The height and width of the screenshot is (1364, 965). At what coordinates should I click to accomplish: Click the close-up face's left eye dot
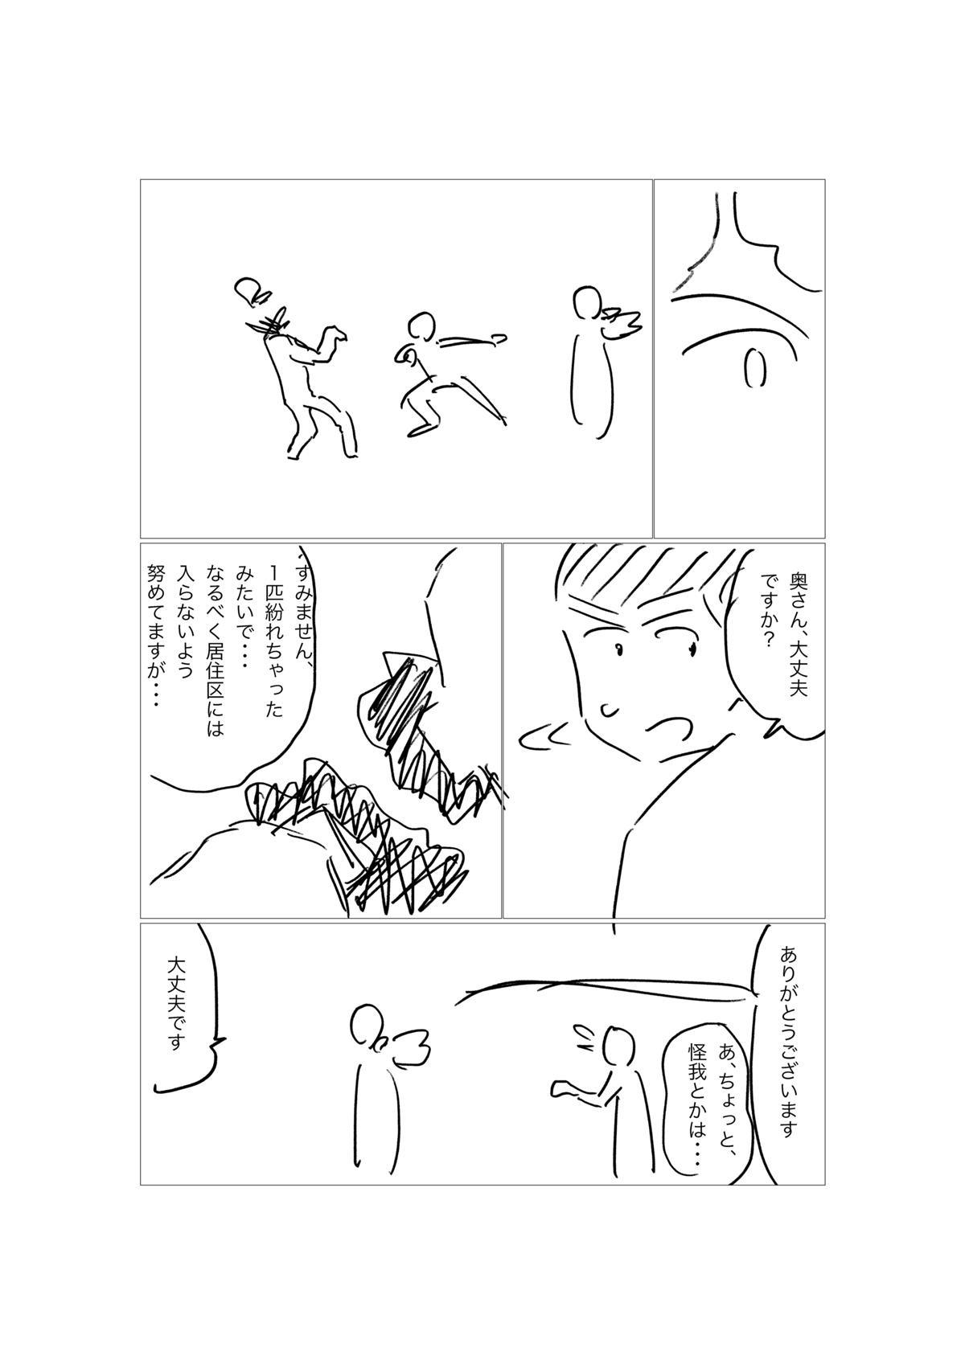pos(619,649)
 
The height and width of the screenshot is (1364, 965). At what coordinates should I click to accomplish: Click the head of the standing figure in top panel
pos(587,305)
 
